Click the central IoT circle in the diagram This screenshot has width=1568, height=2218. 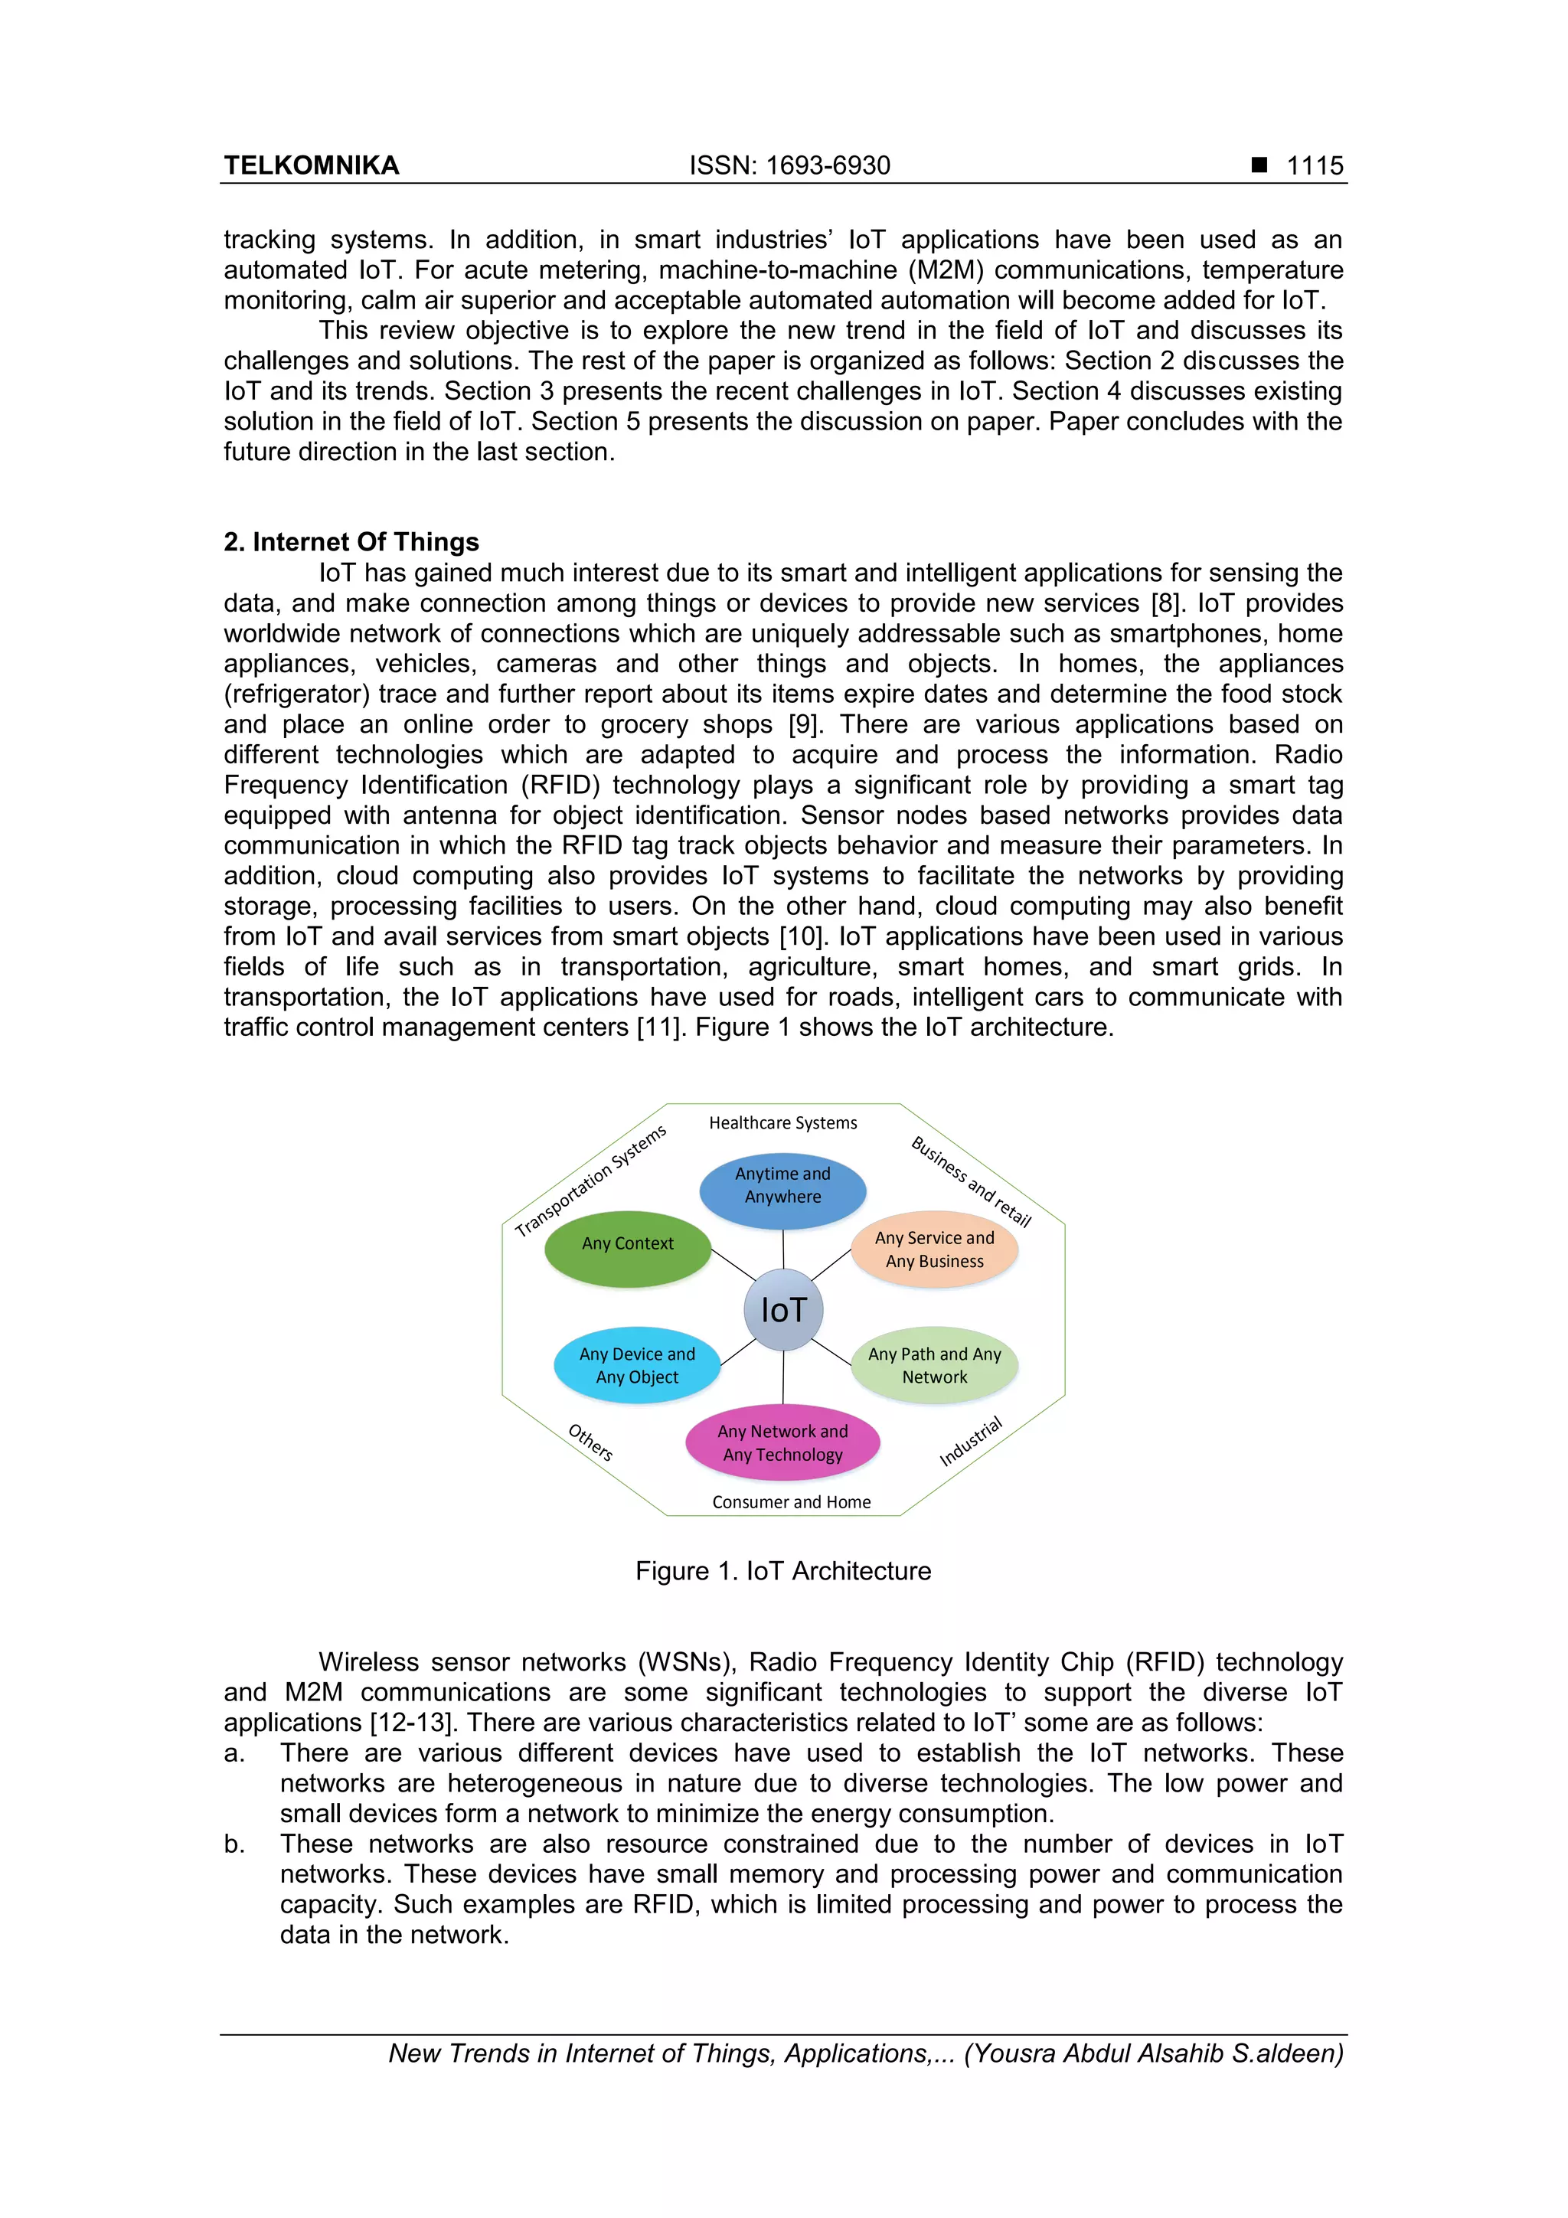[782, 1310]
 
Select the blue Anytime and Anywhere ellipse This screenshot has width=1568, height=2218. [782, 1186]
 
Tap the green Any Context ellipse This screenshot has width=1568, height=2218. [628, 1245]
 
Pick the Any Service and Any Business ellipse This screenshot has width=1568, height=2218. [934, 1250]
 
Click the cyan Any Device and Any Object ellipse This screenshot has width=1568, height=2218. [637, 1366]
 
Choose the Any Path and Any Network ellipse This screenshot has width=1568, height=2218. [934, 1366]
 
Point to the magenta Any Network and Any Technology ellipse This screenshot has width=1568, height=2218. [782, 1443]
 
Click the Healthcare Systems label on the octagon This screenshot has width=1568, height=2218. [782, 1122]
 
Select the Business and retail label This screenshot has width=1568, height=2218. [971, 1181]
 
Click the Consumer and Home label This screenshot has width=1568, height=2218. [791, 1502]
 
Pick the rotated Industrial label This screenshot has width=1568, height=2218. [971, 1442]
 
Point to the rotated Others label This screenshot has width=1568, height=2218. [590, 1442]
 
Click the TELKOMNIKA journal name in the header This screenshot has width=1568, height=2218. [311, 165]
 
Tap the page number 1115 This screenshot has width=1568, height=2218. [1314, 165]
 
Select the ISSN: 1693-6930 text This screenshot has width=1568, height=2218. [789, 165]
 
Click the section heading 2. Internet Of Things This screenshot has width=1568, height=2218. [351, 542]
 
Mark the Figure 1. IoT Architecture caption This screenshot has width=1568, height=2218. [782, 1571]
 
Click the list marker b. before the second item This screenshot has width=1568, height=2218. [234, 1844]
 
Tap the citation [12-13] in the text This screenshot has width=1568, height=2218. [410, 1723]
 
